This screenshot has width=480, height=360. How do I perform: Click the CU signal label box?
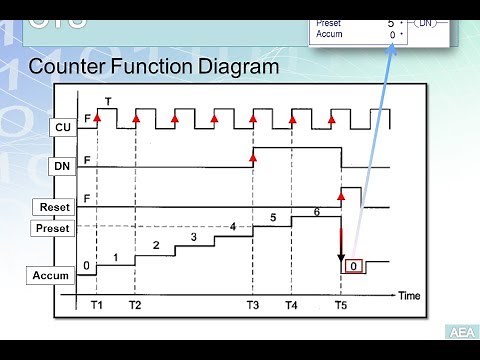click(x=62, y=127)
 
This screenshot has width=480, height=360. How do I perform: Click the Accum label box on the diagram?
click(x=52, y=274)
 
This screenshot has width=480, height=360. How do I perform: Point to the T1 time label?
click(x=96, y=304)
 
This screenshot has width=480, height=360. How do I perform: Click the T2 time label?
click(x=135, y=304)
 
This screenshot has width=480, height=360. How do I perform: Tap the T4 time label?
click(x=291, y=304)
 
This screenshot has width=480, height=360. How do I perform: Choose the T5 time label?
click(x=341, y=304)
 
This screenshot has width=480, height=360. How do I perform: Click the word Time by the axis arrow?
click(x=410, y=296)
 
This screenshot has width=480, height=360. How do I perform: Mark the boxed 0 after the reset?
click(x=355, y=266)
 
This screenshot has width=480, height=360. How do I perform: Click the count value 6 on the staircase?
click(x=317, y=211)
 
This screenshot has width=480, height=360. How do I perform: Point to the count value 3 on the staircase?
click(x=193, y=237)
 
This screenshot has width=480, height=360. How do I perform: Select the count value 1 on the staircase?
click(x=116, y=258)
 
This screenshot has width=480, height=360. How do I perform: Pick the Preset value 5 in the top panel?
click(x=391, y=21)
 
